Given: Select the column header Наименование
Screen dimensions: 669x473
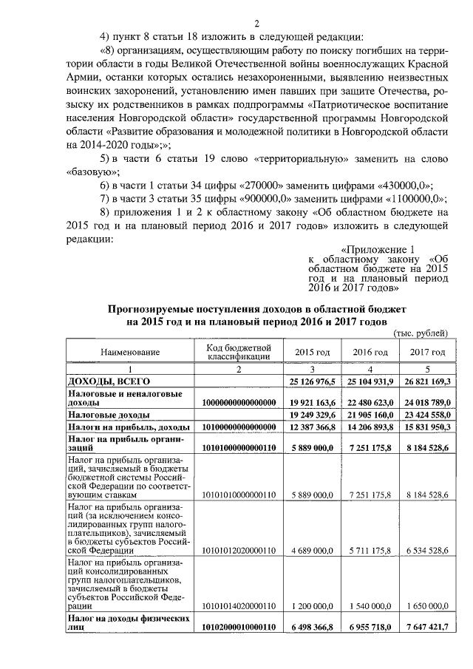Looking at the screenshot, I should (x=130, y=353).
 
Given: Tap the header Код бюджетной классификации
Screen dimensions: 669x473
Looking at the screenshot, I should (x=238, y=352).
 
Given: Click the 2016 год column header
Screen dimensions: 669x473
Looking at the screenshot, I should (x=370, y=353).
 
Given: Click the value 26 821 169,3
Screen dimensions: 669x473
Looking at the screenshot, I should (x=428, y=381).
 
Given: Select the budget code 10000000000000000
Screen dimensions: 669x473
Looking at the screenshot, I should (x=238, y=402).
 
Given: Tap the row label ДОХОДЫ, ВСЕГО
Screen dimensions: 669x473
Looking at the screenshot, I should (x=99, y=381).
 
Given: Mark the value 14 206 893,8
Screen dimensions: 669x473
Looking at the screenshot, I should (x=370, y=428).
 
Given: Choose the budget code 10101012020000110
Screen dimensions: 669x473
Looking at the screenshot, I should (x=238, y=550).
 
